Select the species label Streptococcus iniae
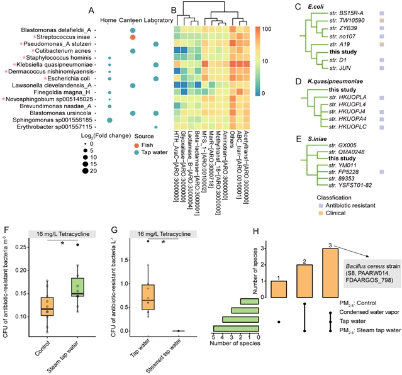pos(69,38)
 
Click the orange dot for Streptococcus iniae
pos(133,38)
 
